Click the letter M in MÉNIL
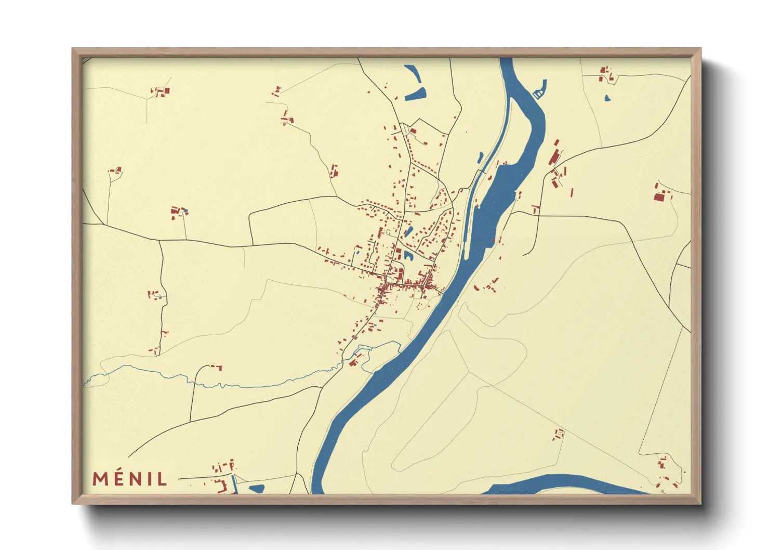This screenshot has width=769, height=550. pos(101,479)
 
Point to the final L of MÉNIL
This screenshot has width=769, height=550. pos(162,479)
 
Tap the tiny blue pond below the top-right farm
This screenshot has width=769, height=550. pos(606,97)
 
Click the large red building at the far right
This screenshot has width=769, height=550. pos(659,197)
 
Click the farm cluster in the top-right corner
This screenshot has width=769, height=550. pos(606,74)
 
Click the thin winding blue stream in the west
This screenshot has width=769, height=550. pos(208,385)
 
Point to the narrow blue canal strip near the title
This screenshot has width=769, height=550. pos(234,484)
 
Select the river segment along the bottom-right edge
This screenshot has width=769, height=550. pos(566,483)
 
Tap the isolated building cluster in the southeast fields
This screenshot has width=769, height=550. pos(559,434)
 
